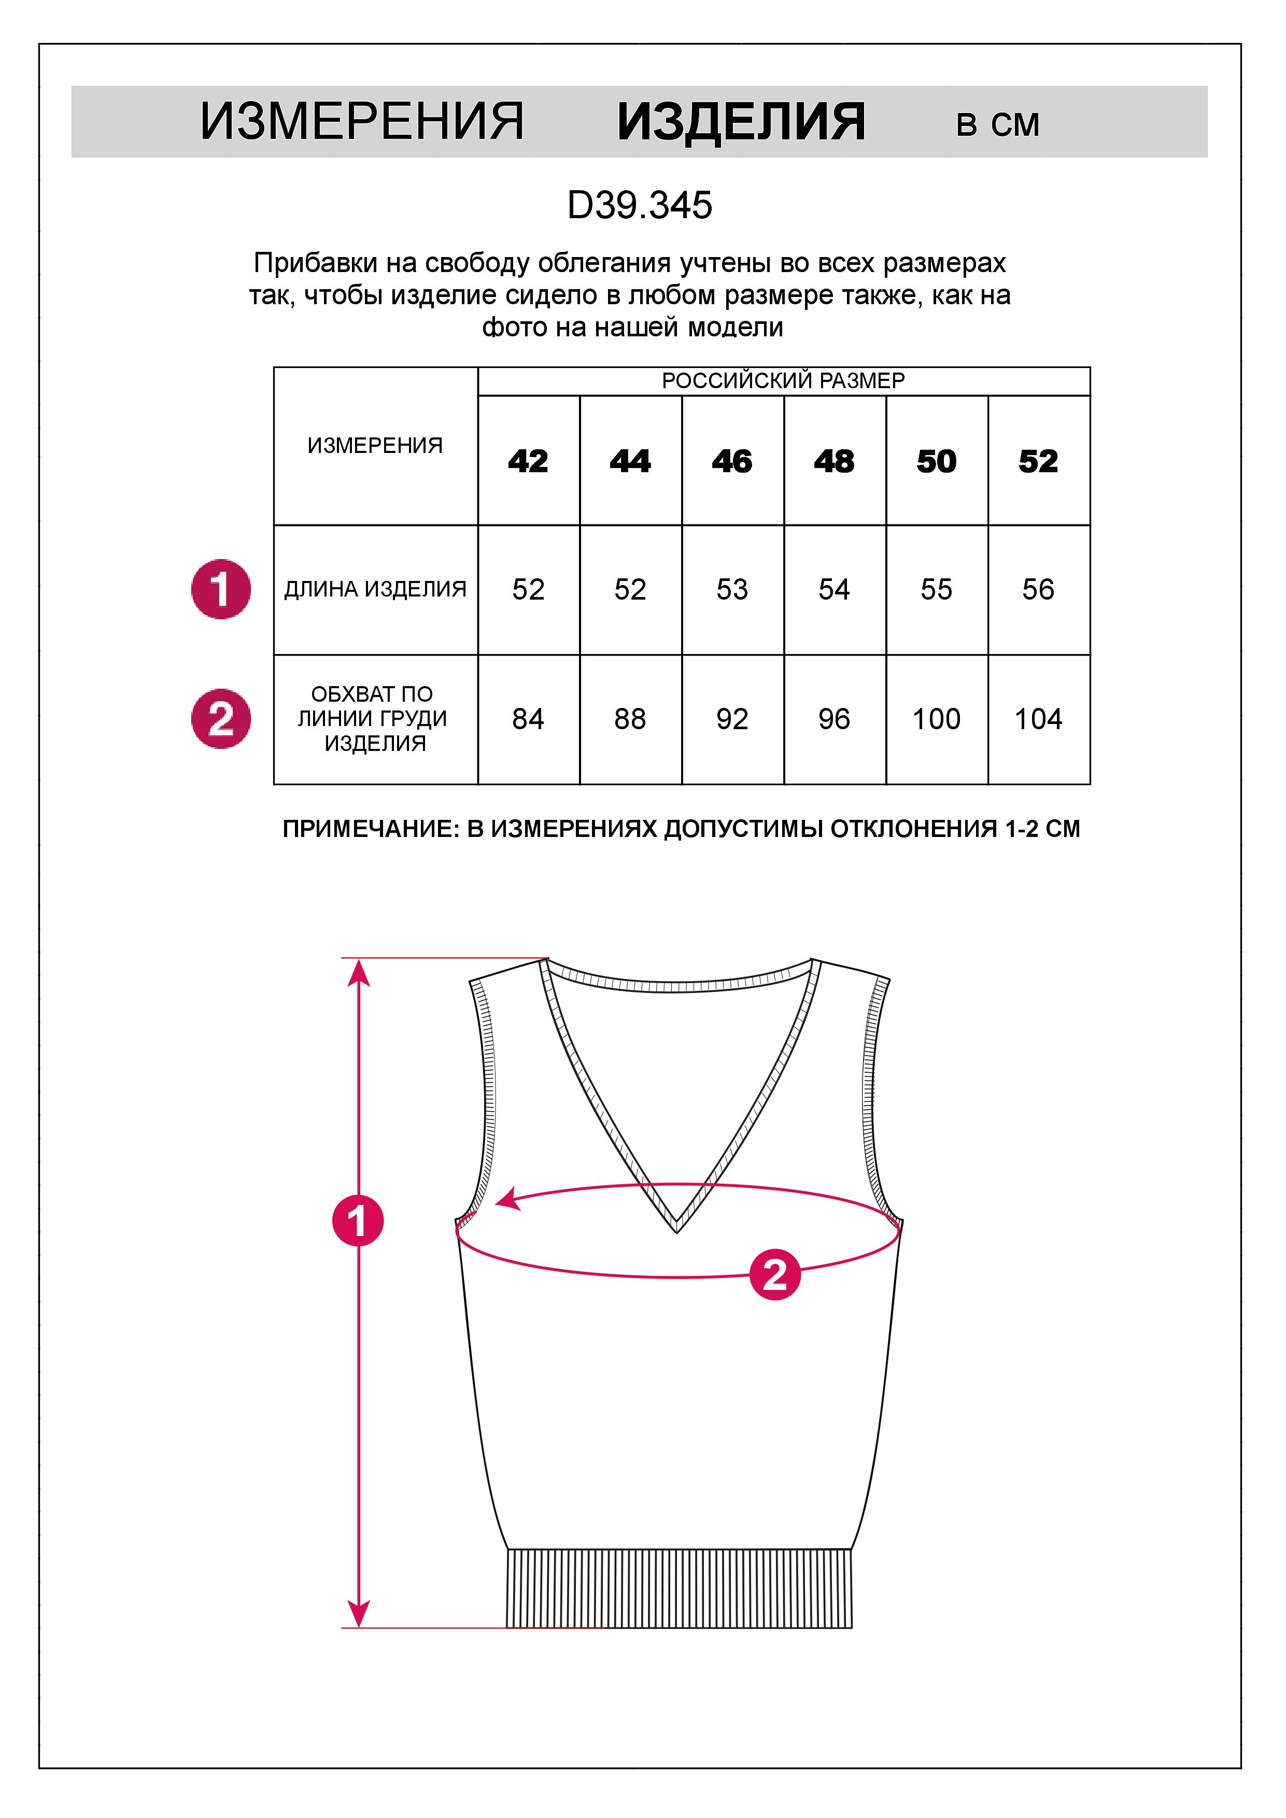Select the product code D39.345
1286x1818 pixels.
click(640, 206)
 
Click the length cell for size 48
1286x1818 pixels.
click(834, 590)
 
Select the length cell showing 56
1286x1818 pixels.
click(1038, 590)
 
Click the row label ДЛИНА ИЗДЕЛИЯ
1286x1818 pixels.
click(375, 590)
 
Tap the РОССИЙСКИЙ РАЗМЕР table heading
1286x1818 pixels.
click(783, 381)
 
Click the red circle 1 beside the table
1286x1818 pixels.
click(221, 590)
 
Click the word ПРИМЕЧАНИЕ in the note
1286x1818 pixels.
click(370, 829)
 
